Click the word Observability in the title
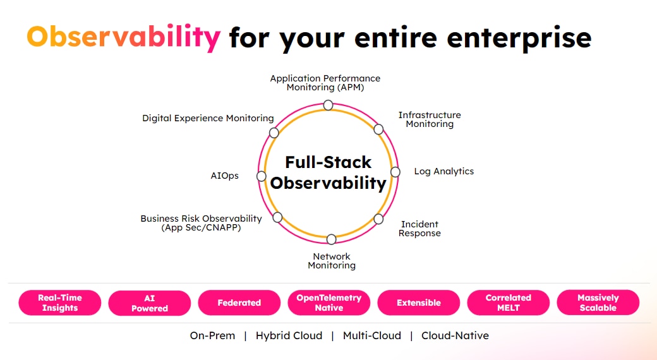click(x=123, y=37)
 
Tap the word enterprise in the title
click(x=519, y=37)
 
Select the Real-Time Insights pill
click(x=60, y=303)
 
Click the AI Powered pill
click(x=150, y=303)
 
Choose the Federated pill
click(x=239, y=303)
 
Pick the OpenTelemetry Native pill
click(x=329, y=303)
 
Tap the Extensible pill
click(x=419, y=303)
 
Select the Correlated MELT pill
click(x=509, y=303)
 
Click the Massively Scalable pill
click(x=598, y=303)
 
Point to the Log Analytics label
click(x=443, y=171)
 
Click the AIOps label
click(x=225, y=176)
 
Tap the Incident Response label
click(x=419, y=229)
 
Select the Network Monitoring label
click(x=332, y=261)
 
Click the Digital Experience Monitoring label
click(x=208, y=118)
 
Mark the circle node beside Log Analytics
click(x=395, y=172)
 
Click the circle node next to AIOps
click(x=261, y=176)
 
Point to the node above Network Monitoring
click(x=331, y=239)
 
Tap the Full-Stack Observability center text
click(x=328, y=172)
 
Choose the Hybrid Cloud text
click(x=289, y=335)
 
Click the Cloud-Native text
click(x=455, y=335)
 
